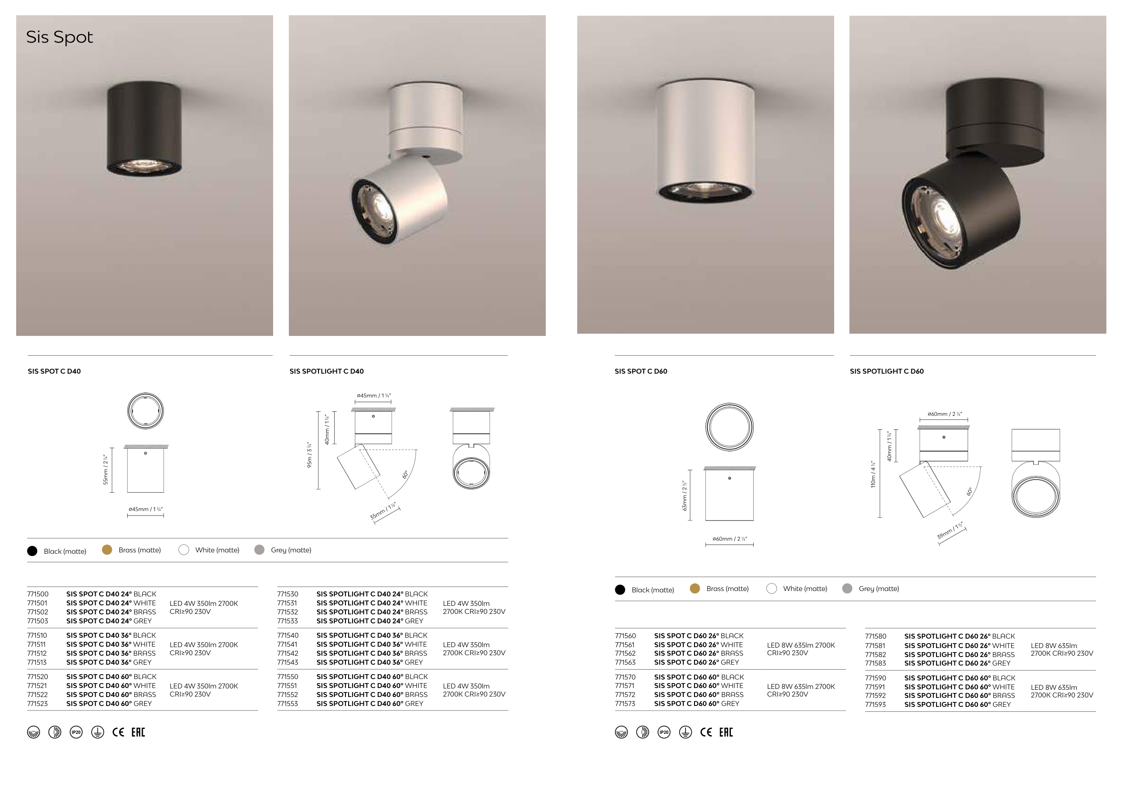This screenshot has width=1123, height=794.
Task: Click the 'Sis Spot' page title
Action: (x=59, y=37)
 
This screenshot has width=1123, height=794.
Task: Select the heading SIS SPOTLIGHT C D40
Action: (x=326, y=371)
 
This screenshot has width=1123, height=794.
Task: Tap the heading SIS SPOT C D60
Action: (x=641, y=371)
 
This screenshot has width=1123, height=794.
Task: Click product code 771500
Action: (x=38, y=594)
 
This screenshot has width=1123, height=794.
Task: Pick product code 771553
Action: (x=287, y=704)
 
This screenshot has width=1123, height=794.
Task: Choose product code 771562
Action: (x=625, y=653)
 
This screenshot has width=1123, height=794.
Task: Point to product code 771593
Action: (x=875, y=705)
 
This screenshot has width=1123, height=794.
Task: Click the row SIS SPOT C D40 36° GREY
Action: (x=109, y=662)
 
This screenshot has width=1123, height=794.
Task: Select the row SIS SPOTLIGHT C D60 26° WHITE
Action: (x=959, y=645)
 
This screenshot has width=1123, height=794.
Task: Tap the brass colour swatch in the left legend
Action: (x=107, y=550)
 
